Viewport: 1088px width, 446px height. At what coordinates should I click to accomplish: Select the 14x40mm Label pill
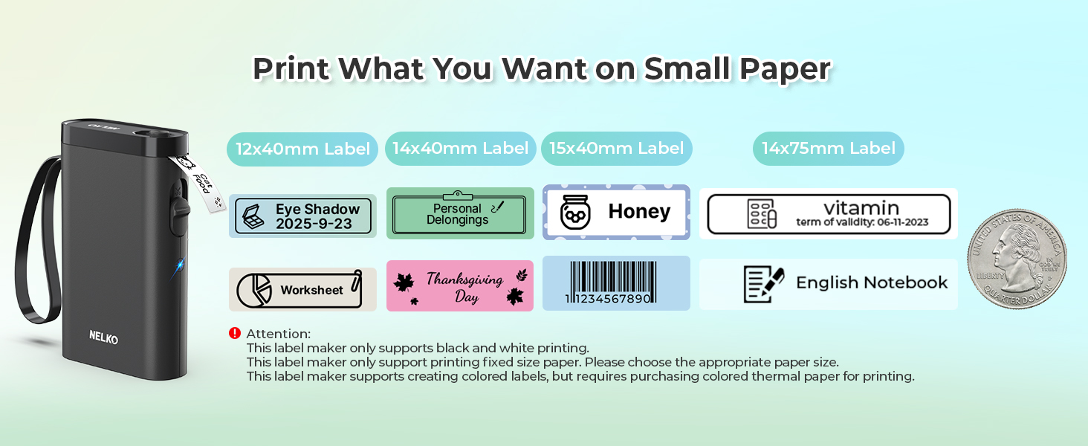(x=461, y=149)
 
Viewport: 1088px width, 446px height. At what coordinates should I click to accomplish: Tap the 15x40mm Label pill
(x=617, y=149)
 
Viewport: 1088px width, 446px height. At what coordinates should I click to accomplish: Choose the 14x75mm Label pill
(x=829, y=149)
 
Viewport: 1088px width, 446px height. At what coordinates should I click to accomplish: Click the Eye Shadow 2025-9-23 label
(x=303, y=216)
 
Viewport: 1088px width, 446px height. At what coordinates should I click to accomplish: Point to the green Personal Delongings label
(x=460, y=214)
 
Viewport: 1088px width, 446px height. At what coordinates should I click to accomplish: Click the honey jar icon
(x=574, y=213)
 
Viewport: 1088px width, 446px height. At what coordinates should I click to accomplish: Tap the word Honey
(x=639, y=212)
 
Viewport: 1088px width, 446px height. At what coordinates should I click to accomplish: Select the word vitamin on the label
(x=861, y=207)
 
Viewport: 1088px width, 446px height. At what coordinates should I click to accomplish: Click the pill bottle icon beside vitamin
(x=762, y=214)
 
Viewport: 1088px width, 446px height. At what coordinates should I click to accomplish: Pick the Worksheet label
(x=302, y=290)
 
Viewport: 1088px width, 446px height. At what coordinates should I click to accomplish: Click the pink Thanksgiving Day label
(x=460, y=286)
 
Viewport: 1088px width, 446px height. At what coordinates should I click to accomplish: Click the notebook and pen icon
(x=763, y=284)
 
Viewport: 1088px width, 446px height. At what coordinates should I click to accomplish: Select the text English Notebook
(x=872, y=283)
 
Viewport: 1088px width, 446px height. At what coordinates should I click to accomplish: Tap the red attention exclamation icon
(x=235, y=333)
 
